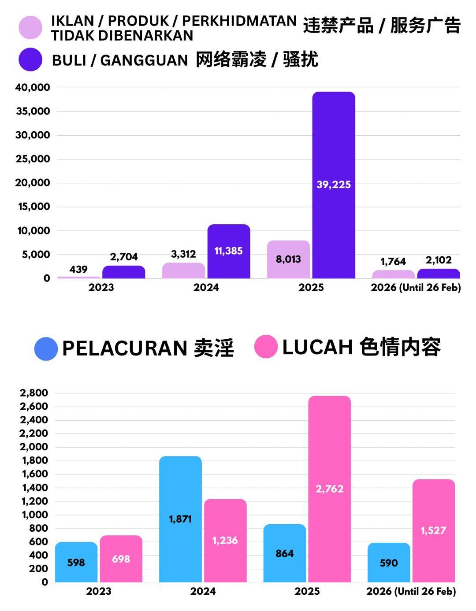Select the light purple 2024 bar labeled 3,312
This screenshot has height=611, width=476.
pyautogui.click(x=183, y=270)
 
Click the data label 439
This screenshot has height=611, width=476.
pyautogui.click(x=78, y=269)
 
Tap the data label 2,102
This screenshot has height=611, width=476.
pyautogui.click(x=439, y=260)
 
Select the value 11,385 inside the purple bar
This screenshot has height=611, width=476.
pyautogui.click(x=228, y=251)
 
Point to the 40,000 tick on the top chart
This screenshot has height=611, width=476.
pyautogui.click(x=33, y=87)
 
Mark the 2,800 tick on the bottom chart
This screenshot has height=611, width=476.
pyautogui.click(x=33, y=393)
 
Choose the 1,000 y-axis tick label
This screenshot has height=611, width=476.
pyautogui.click(x=33, y=515)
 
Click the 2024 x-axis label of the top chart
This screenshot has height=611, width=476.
pyautogui.click(x=206, y=288)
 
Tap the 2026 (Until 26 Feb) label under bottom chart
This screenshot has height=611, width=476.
pyautogui.click(x=411, y=591)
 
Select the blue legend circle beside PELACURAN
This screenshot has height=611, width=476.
pyautogui.click(x=46, y=349)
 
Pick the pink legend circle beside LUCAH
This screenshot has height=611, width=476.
pyautogui.click(x=266, y=347)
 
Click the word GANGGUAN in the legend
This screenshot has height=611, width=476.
pyautogui.click(x=145, y=60)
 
